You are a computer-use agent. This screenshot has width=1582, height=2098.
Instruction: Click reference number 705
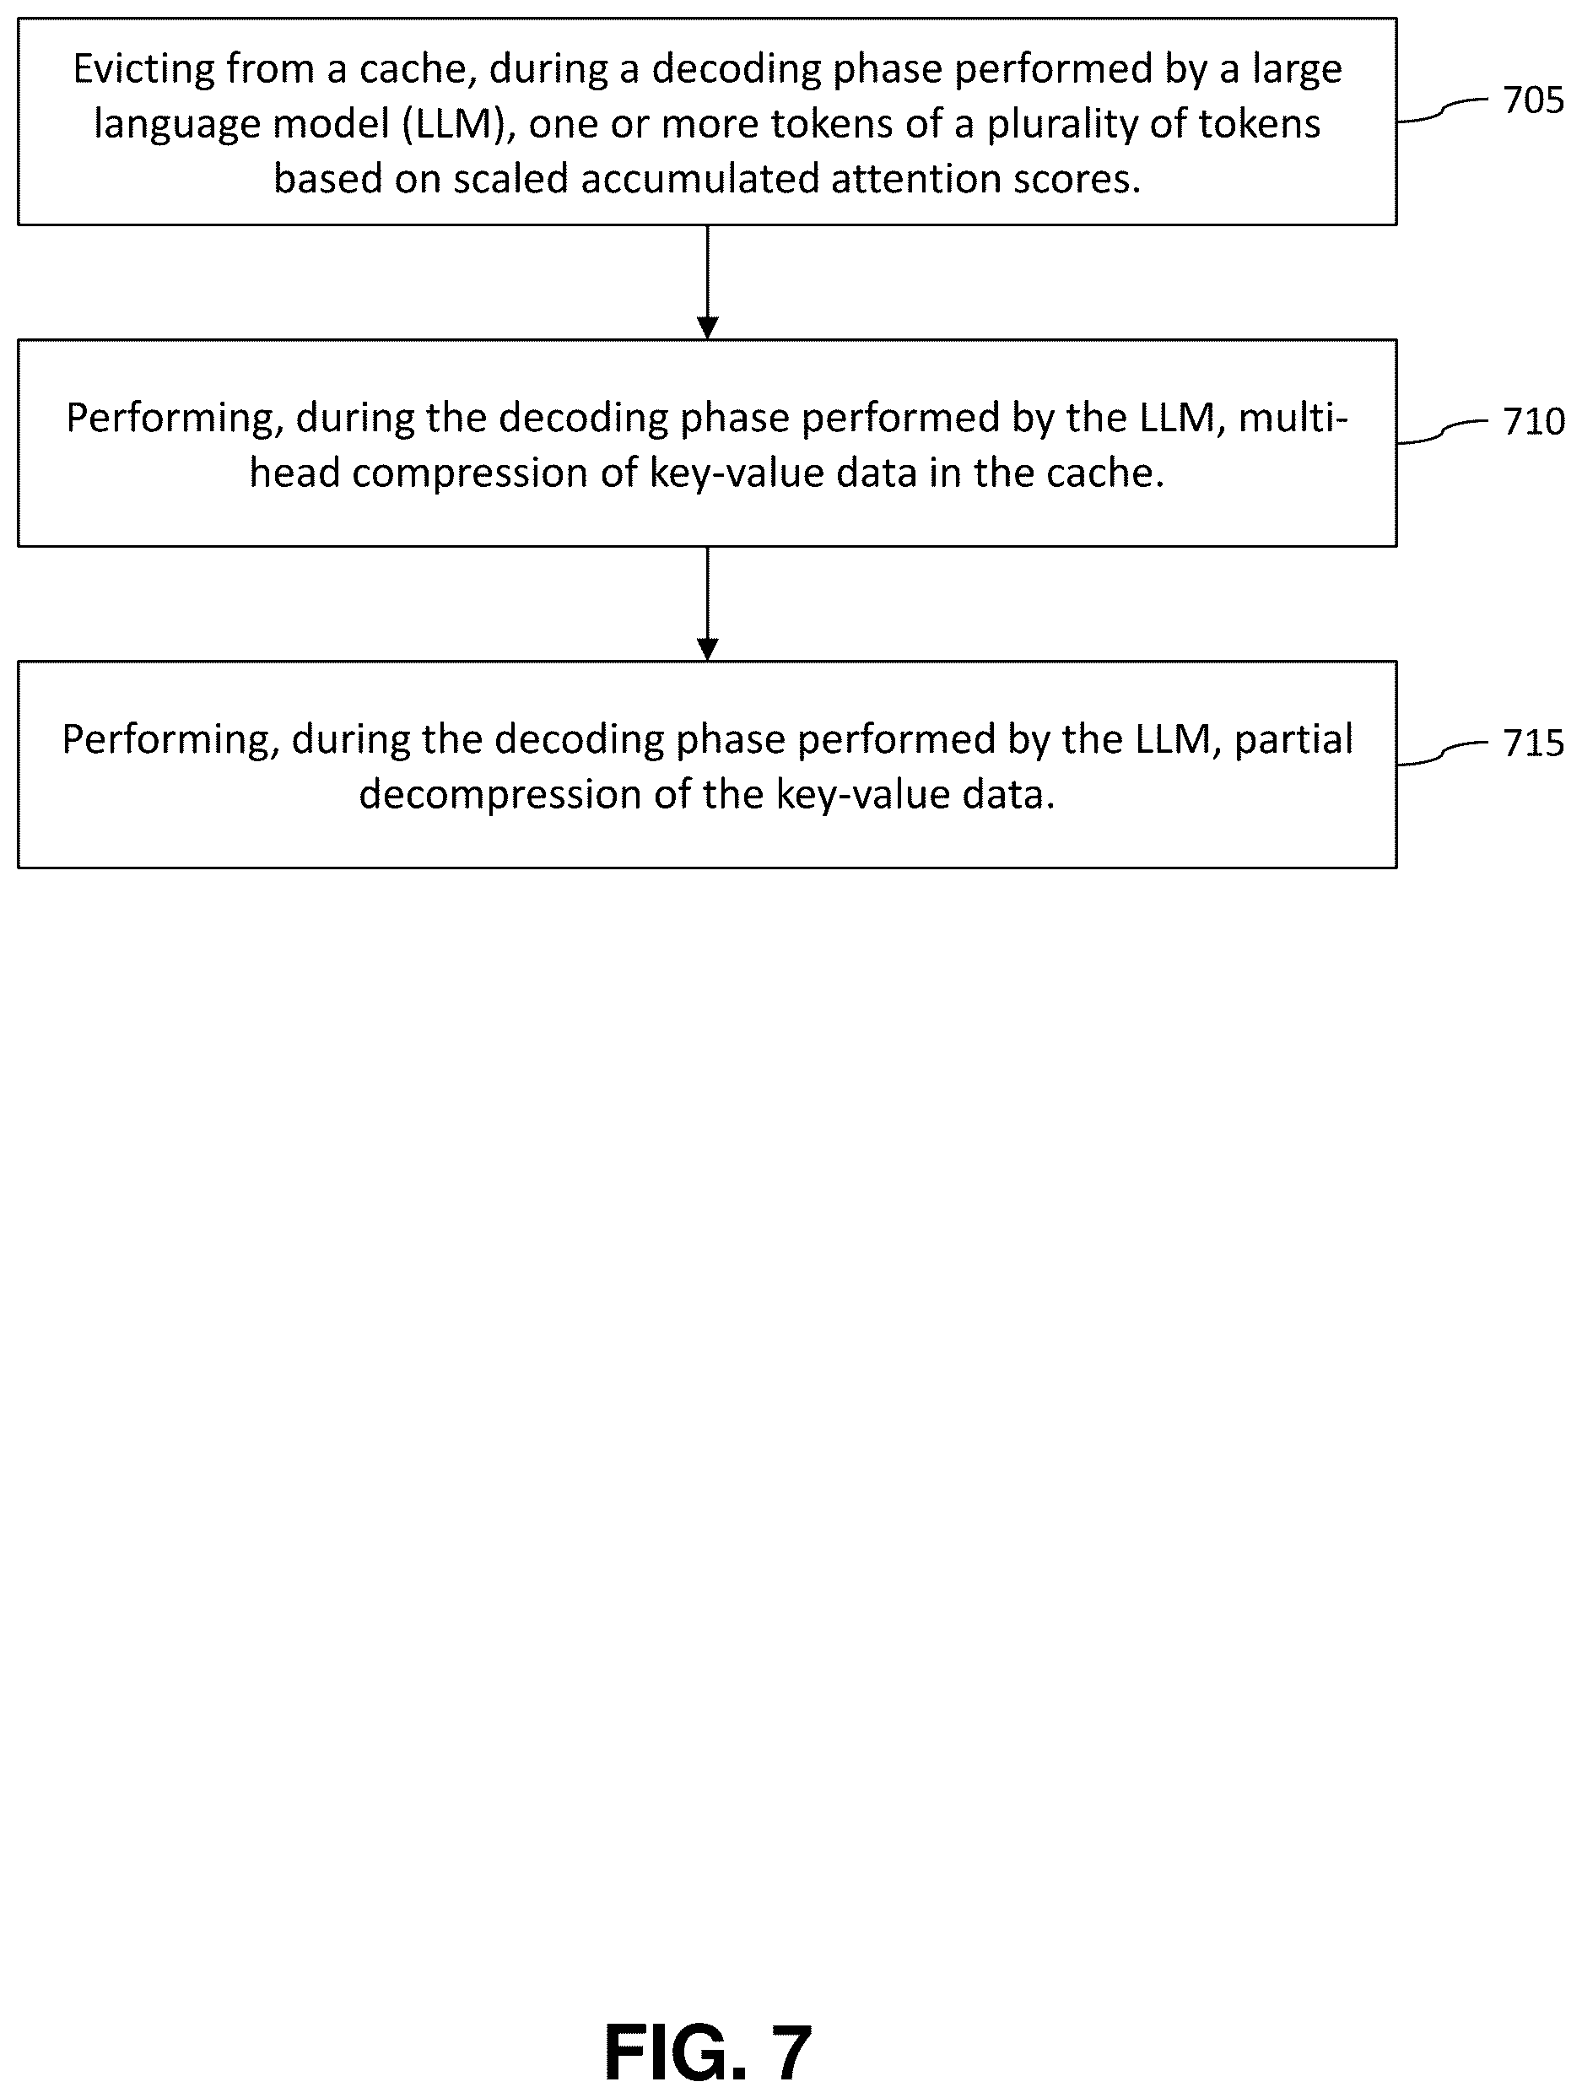pos(1533,100)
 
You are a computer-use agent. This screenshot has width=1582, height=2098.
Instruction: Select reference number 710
pos(1533,421)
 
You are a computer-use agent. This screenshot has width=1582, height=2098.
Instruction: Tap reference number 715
pos(1533,743)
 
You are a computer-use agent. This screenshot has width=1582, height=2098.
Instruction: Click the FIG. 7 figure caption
pos(708,2052)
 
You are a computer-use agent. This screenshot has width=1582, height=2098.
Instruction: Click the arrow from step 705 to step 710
pos(708,282)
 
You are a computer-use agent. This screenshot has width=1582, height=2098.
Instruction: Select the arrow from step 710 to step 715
pos(708,603)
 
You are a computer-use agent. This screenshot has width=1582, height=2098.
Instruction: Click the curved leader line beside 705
pos(1443,110)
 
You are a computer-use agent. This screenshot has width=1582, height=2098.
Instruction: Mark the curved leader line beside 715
pos(1443,753)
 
